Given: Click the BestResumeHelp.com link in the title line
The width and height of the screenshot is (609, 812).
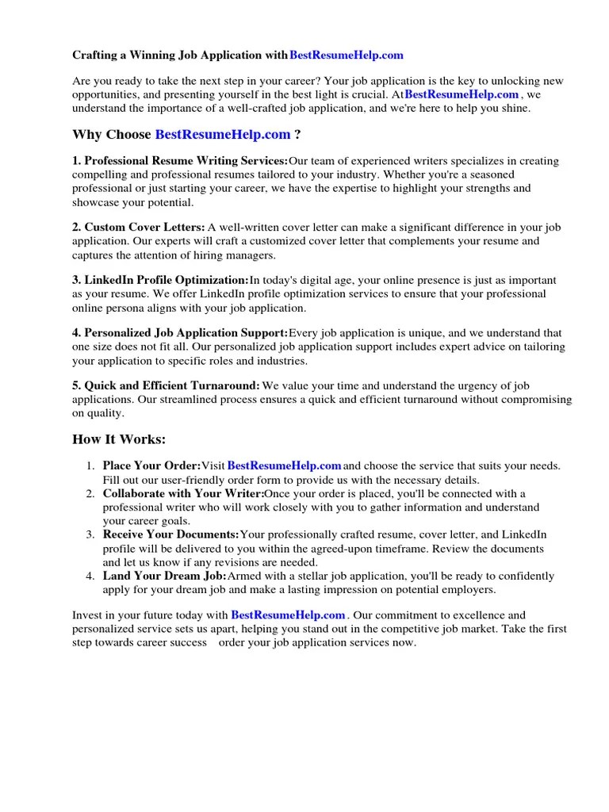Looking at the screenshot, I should click(347, 56).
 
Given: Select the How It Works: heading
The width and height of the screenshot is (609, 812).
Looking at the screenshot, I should click(120, 439).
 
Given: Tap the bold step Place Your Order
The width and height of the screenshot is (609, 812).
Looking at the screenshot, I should click(151, 465).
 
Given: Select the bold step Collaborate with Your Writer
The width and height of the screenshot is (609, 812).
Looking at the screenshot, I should click(183, 493).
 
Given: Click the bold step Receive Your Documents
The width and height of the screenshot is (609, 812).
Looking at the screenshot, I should click(170, 535).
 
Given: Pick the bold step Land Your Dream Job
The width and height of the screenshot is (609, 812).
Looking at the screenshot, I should click(164, 576).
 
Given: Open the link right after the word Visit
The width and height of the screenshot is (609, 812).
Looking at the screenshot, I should click(285, 465).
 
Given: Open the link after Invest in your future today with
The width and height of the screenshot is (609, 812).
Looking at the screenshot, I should click(289, 615).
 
